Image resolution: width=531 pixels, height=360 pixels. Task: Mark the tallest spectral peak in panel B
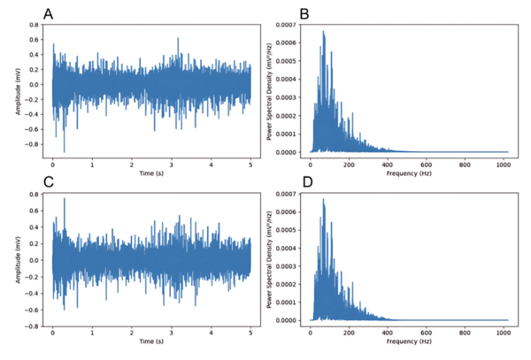click(x=324, y=33)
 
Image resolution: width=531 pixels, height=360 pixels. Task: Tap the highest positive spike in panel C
click(x=64, y=199)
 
